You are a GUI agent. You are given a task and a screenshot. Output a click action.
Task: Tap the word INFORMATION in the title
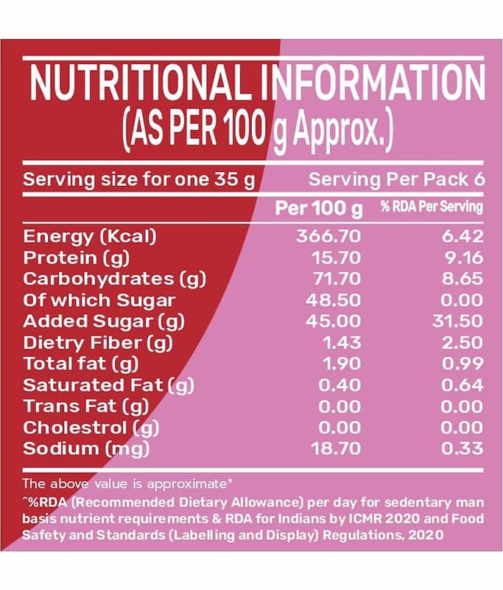click(373, 84)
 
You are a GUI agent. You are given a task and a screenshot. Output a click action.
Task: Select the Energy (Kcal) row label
click(91, 237)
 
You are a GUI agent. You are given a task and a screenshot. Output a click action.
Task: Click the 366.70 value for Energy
click(328, 237)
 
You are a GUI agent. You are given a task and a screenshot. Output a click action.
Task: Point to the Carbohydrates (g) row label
click(115, 279)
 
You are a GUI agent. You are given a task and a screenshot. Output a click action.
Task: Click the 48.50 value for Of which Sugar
click(333, 300)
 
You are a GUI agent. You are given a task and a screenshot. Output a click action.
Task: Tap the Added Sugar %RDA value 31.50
click(458, 322)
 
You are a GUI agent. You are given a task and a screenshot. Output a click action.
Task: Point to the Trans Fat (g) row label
click(86, 406)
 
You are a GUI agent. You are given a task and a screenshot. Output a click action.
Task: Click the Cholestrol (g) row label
click(91, 427)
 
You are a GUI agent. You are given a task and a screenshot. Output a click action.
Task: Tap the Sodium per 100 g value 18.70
click(333, 448)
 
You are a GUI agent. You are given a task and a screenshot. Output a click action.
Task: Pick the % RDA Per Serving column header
click(432, 207)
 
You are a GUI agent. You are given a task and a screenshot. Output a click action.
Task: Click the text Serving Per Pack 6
click(396, 180)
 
